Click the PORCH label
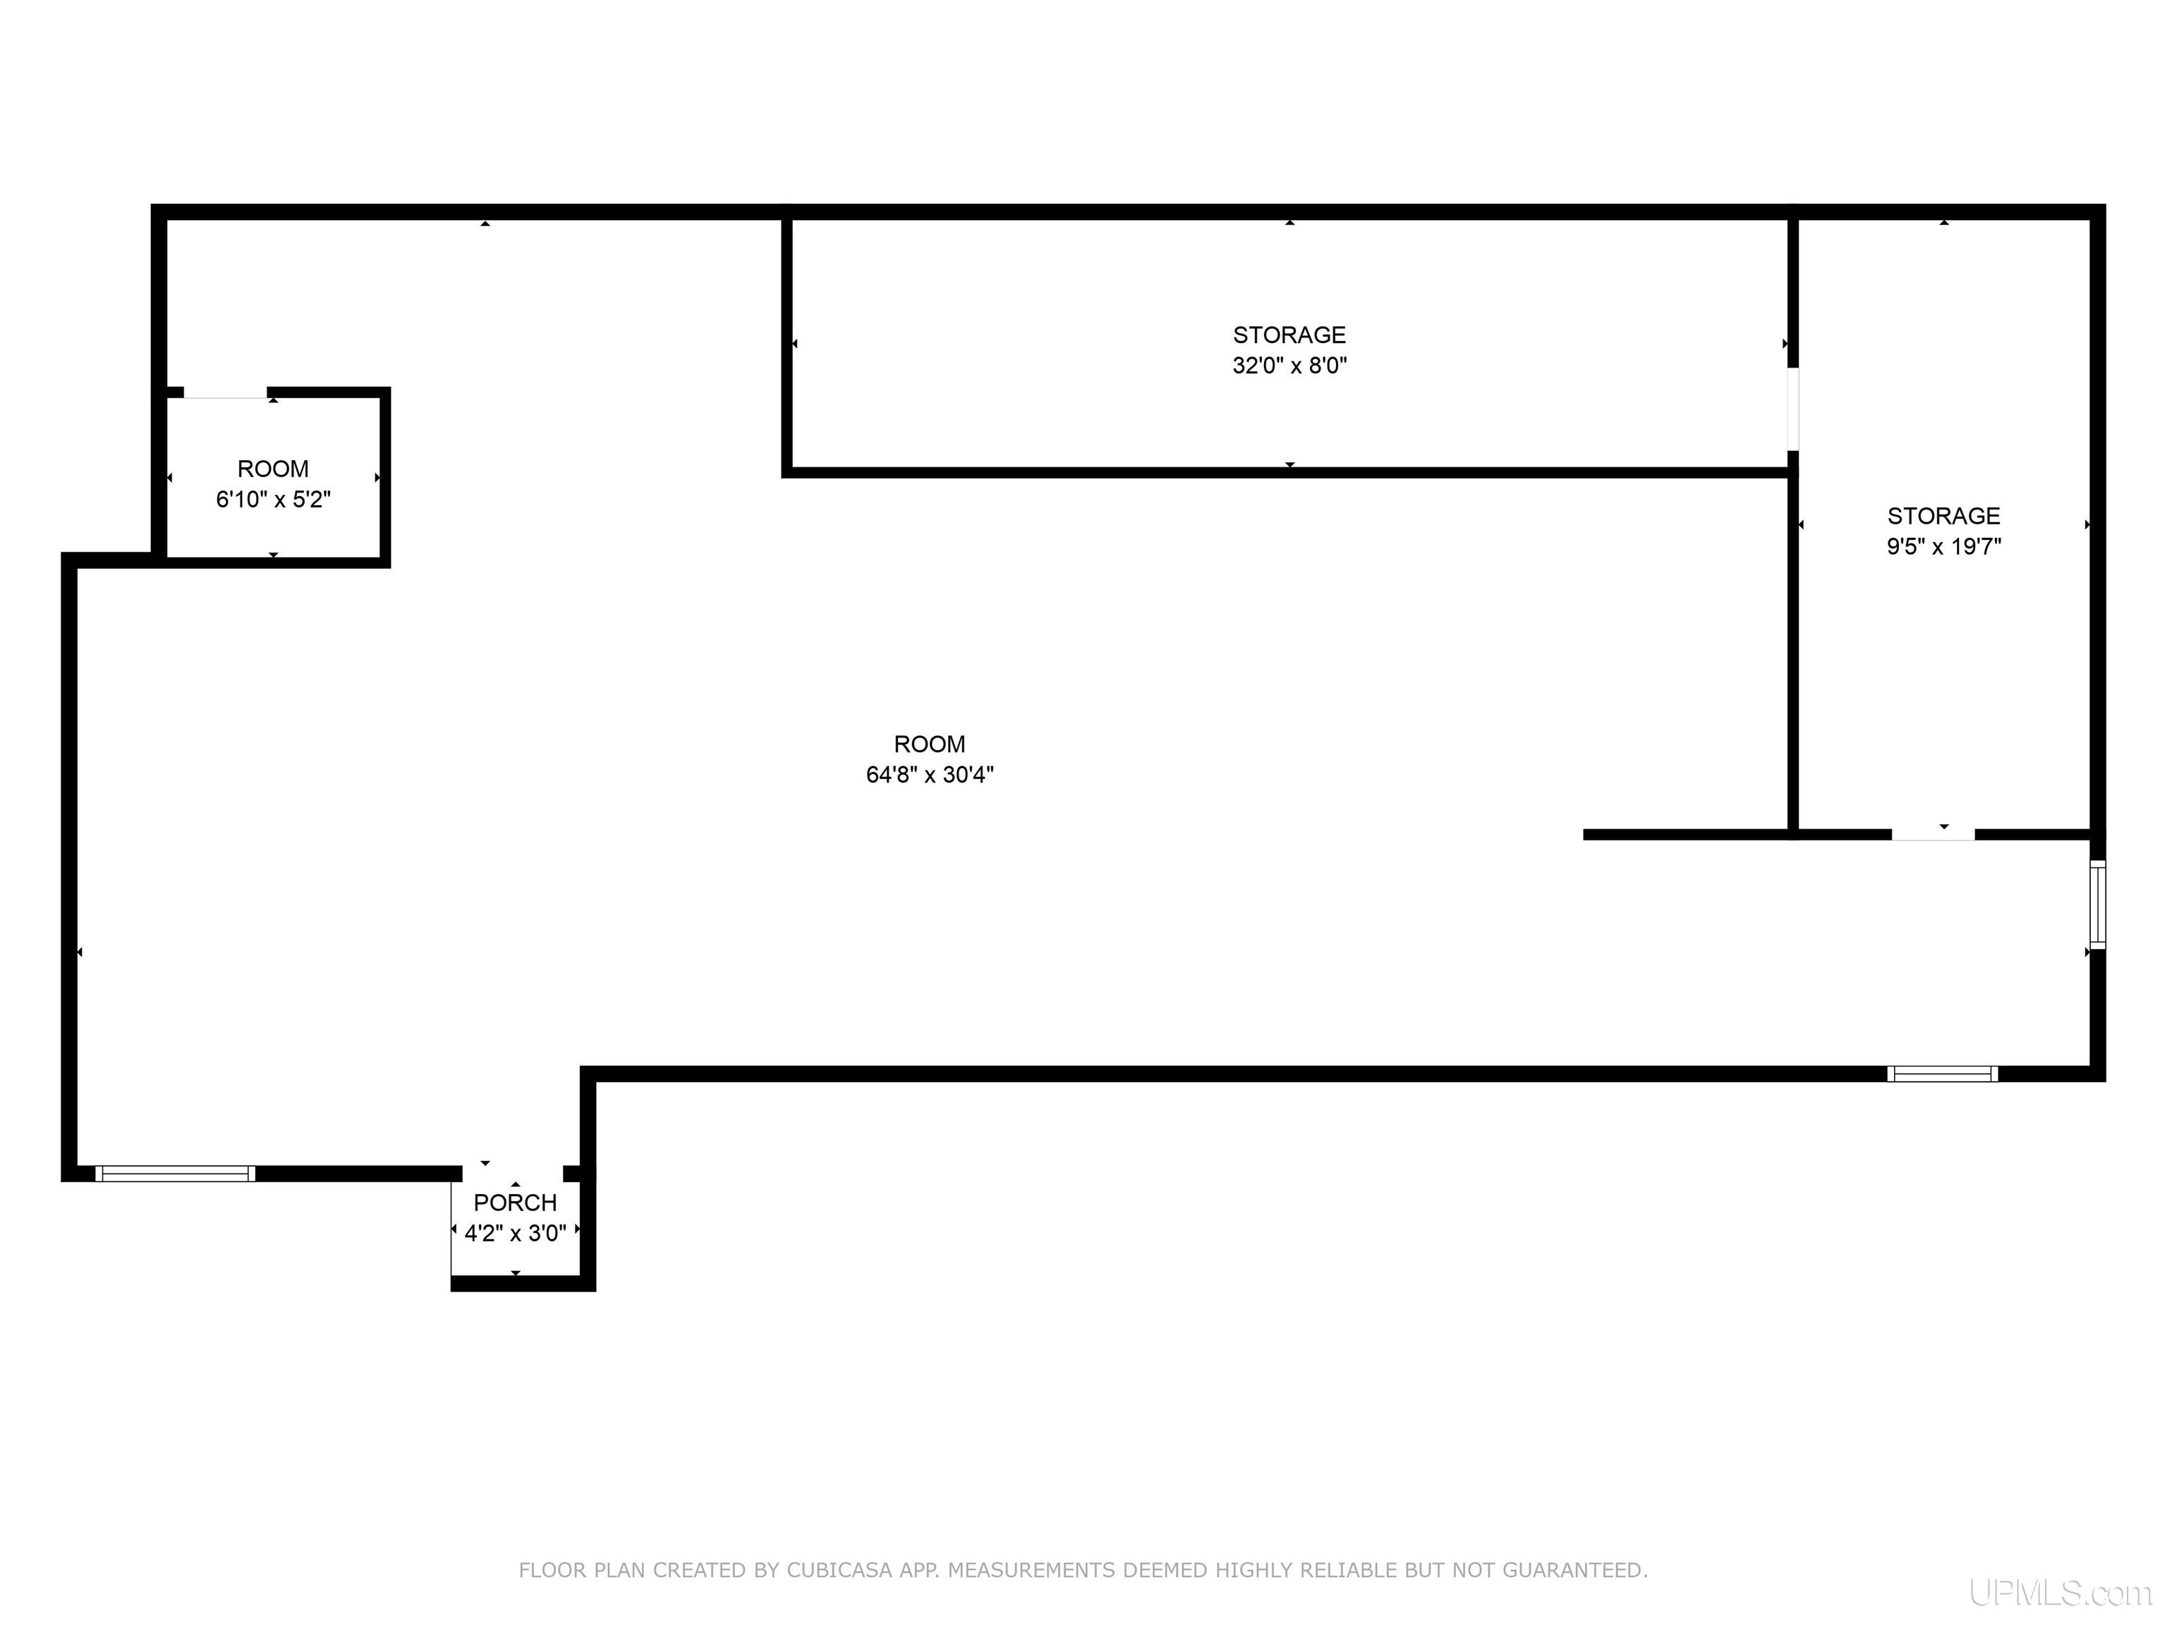pos(516,1203)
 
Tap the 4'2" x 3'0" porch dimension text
pos(516,1233)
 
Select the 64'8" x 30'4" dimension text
pos(930,774)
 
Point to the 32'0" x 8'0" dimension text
pos(1289,366)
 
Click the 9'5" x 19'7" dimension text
pos(1943,546)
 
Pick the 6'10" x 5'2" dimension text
pos(273,499)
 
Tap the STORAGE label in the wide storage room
pos(1289,335)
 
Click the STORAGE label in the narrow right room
pos(1943,516)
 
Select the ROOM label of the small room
pos(273,469)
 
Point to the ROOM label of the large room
pos(930,744)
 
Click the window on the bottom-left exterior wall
pos(176,1173)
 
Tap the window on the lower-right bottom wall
pos(1943,1073)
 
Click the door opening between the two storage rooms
pos(1792,409)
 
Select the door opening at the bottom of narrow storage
pos(1933,835)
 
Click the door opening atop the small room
pos(225,393)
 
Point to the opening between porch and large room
pos(512,1173)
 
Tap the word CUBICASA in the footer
pos(839,1570)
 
